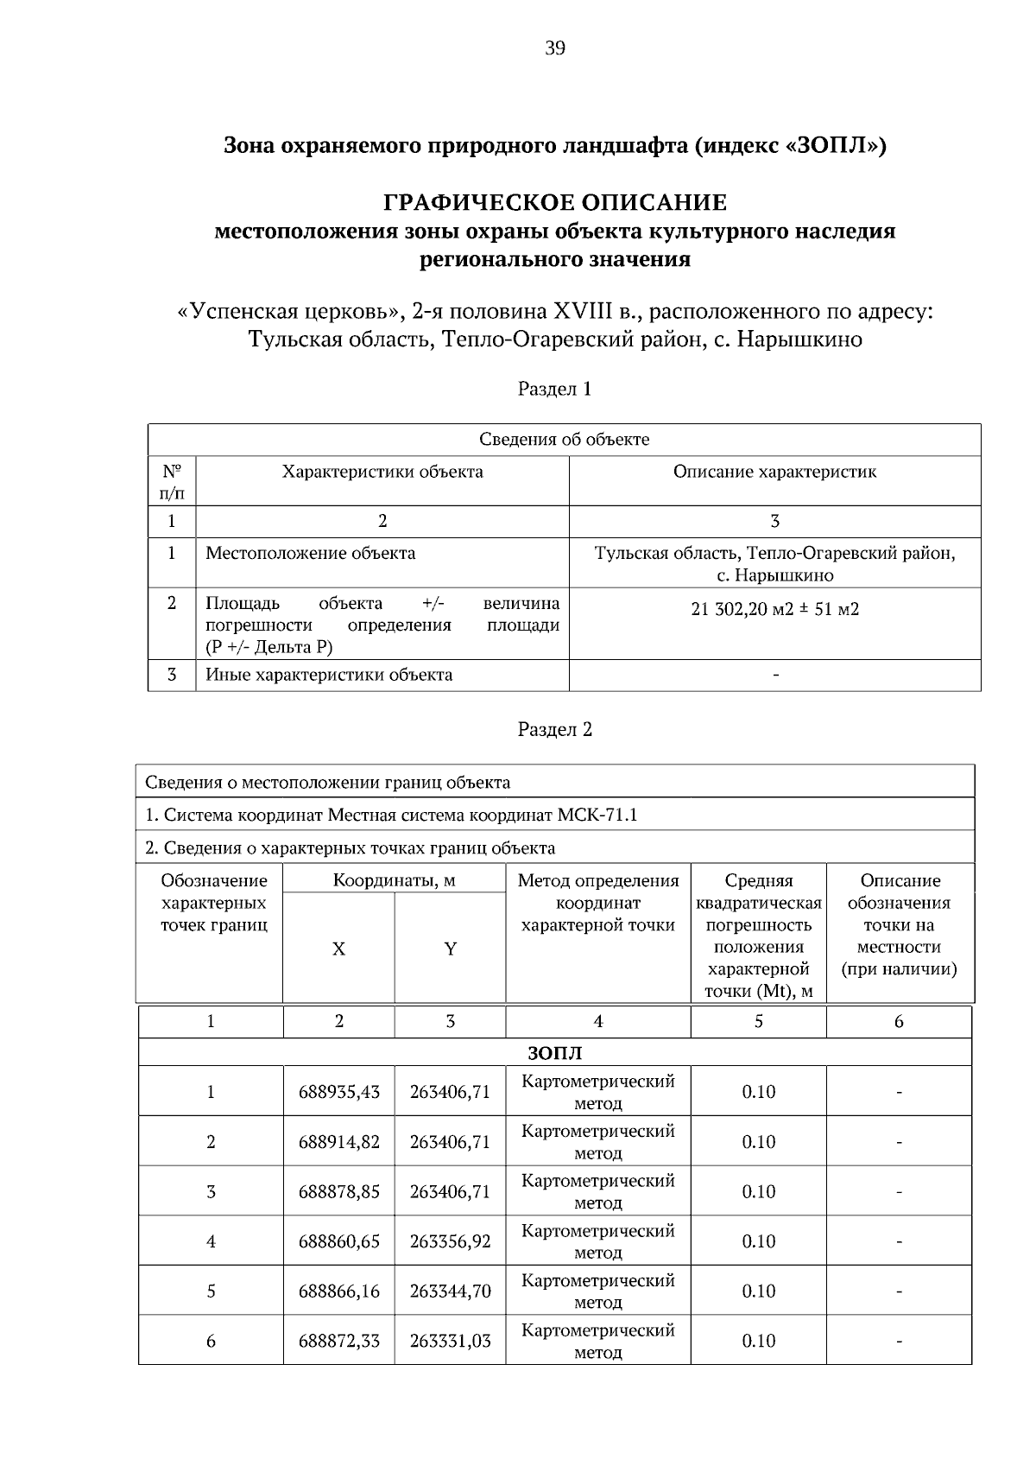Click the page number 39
(x=555, y=48)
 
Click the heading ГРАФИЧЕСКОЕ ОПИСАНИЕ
(x=554, y=203)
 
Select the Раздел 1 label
(x=554, y=389)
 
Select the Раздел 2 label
(x=554, y=729)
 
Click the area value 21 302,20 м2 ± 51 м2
(x=774, y=610)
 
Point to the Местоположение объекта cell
(x=310, y=553)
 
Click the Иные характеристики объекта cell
(x=329, y=675)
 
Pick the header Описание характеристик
(x=774, y=472)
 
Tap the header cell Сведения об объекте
(x=564, y=439)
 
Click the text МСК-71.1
(x=597, y=815)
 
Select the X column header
(x=338, y=949)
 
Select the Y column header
(x=450, y=949)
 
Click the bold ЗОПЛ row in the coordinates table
(x=554, y=1053)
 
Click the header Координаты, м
(x=394, y=880)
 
